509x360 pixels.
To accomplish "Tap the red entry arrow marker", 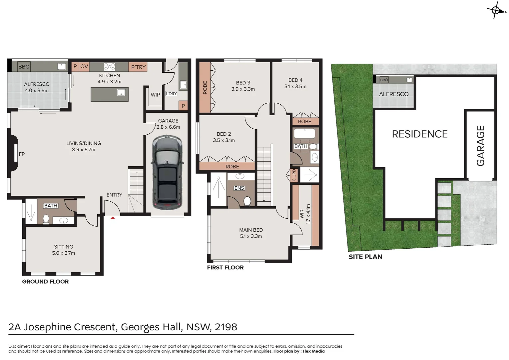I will [x=113, y=218].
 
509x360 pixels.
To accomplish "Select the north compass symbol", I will [x=496, y=10].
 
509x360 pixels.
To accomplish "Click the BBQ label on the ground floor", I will [x=24, y=67].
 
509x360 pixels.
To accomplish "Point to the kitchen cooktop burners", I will [x=110, y=66].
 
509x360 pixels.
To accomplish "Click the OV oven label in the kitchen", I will [x=84, y=67].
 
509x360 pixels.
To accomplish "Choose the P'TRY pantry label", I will [x=138, y=67].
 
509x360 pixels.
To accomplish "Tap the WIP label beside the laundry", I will [x=155, y=95].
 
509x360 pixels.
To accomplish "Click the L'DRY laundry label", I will [x=171, y=94].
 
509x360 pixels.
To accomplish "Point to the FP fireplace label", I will [x=22, y=154].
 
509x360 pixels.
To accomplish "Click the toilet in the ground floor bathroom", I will [x=46, y=219].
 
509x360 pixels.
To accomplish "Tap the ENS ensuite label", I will [x=239, y=188].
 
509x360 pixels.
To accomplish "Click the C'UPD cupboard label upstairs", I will [x=294, y=175].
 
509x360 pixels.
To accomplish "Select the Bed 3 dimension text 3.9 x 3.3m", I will [x=243, y=89].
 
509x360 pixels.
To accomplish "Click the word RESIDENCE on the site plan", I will [x=419, y=134].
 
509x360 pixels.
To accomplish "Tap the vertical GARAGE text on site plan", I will [x=480, y=145].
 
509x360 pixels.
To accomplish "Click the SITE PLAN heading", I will [x=365, y=257].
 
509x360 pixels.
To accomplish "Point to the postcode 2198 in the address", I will [x=226, y=327].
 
